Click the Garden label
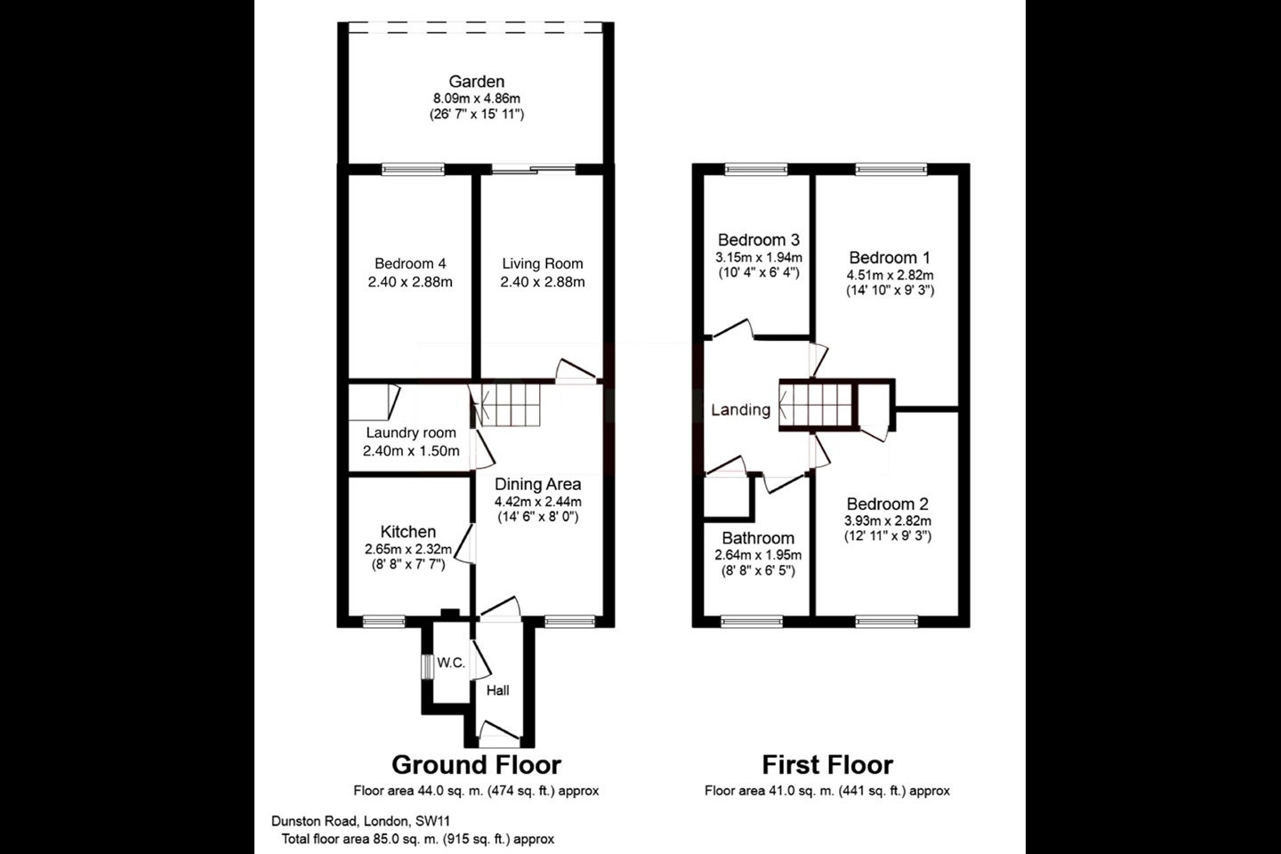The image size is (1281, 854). pyautogui.click(x=477, y=81)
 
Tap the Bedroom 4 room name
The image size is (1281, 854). pyautogui.click(x=410, y=263)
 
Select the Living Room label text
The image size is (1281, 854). pyautogui.click(x=543, y=263)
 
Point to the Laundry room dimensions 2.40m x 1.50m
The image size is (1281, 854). pyautogui.click(x=411, y=451)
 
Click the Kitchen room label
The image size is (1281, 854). pyautogui.click(x=408, y=531)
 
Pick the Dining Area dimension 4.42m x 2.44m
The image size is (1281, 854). pyautogui.click(x=537, y=502)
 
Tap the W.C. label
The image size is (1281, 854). pyautogui.click(x=451, y=663)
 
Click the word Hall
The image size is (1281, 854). pyautogui.click(x=497, y=690)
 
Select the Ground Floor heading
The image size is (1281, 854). pyautogui.click(x=477, y=765)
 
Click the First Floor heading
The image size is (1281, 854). pyautogui.click(x=827, y=765)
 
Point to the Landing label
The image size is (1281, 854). pyautogui.click(x=740, y=409)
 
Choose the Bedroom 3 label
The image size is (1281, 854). pyautogui.click(x=758, y=239)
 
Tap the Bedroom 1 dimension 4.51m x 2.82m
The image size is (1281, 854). pyautogui.click(x=890, y=275)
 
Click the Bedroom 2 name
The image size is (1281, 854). pyautogui.click(x=888, y=504)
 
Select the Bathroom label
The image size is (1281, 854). pyautogui.click(x=758, y=537)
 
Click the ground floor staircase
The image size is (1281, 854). pyautogui.click(x=507, y=405)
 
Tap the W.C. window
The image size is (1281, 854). pyautogui.click(x=427, y=666)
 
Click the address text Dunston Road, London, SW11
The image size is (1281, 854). pyautogui.click(x=360, y=821)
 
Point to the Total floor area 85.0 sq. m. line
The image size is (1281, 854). pyautogui.click(x=417, y=839)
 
